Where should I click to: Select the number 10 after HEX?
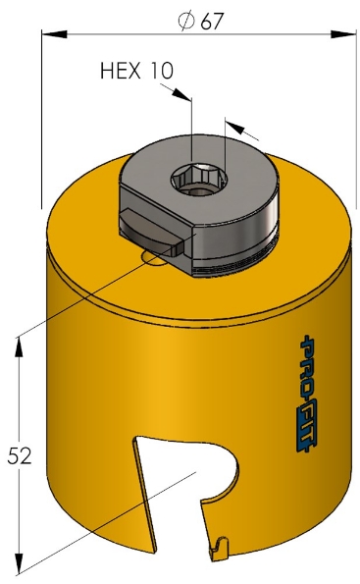(162, 71)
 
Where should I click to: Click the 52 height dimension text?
(20, 455)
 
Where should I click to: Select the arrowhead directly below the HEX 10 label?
(180, 95)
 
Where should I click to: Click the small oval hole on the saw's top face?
(154, 257)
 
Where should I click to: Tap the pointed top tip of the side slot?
(136, 442)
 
